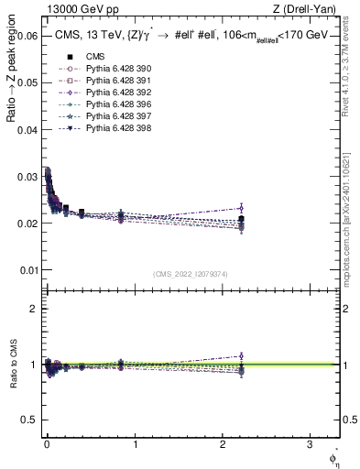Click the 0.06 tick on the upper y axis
click(x=27, y=37)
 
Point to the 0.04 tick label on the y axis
click(x=27, y=130)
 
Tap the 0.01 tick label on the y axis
click(x=27, y=270)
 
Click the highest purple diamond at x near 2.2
click(x=241, y=208)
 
